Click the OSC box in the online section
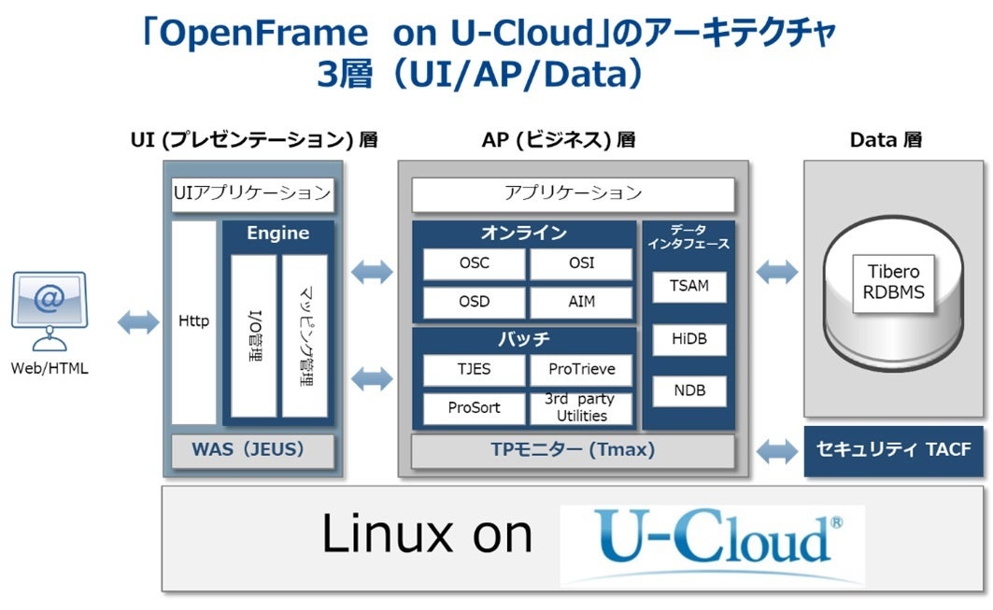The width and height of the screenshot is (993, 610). pos(474,263)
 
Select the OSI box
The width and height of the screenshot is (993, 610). pos(581,263)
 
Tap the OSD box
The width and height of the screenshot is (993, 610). pos(474,303)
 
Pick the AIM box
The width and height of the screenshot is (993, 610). pos(581,303)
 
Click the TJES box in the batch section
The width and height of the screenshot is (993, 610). pos(474,370)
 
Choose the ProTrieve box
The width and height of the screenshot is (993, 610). pos(581,370)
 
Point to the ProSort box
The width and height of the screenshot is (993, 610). pos(474,408)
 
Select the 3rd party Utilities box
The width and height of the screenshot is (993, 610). pos(581,408)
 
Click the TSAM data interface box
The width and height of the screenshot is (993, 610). pos(689,286)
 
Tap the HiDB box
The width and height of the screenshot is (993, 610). pos(689,339)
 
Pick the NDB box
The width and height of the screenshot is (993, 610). pos(689,390)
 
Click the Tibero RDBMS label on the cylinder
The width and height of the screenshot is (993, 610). pos(893,282)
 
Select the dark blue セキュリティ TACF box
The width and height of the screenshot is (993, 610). pos(893,450)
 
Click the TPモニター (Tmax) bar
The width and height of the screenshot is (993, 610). pos(573,450)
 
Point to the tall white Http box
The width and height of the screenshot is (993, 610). pos(194,321)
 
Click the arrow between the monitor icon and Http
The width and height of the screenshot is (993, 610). pos(138,322)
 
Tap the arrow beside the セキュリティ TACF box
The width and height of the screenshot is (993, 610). pos(776,450)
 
